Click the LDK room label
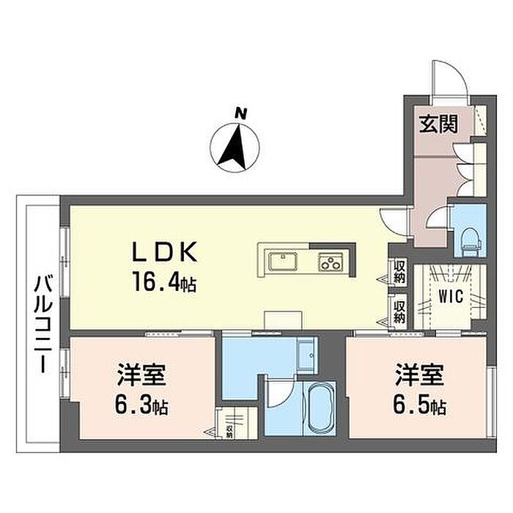[x=164, y=251]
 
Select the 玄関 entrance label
[x=438, y=125]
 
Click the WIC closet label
[x=451, y=296]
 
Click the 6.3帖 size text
[x=141, y=407]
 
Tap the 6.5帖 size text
[x=419, y=406]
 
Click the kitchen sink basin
[x=283, y=261]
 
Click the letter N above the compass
[x=240, y=114]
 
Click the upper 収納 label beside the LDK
[x=399, y=272]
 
